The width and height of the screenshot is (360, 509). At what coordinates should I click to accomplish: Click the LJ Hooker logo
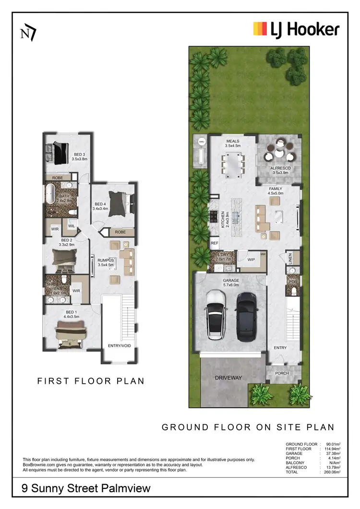pyautogui.click(x=296, y=29)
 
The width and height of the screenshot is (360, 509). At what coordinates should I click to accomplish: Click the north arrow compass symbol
pyautogui.click(x=28, y=33)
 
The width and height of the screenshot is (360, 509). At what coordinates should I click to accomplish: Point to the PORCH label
pyautogui.click(x=282, y=373)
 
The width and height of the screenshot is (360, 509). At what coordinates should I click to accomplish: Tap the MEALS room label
pyautogui.click(x=233, y=141)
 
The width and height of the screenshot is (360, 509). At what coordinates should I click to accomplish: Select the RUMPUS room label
pyautogui.click(x=105, y=260)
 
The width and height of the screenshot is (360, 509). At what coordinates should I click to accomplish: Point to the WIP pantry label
pyautogui.click(x=251, y=260)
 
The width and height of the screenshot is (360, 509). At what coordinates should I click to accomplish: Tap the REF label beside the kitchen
pyautogui.click(x=215, y=244)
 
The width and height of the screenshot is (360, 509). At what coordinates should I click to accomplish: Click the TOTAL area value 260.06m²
pyautogui.click(x=332, y=473)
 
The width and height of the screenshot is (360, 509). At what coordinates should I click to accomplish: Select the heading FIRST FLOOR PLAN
pyautogui.click(x=91, y=381)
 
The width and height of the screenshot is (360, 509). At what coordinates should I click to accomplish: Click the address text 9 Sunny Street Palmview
pyautogui.click(x=86, y=488)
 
